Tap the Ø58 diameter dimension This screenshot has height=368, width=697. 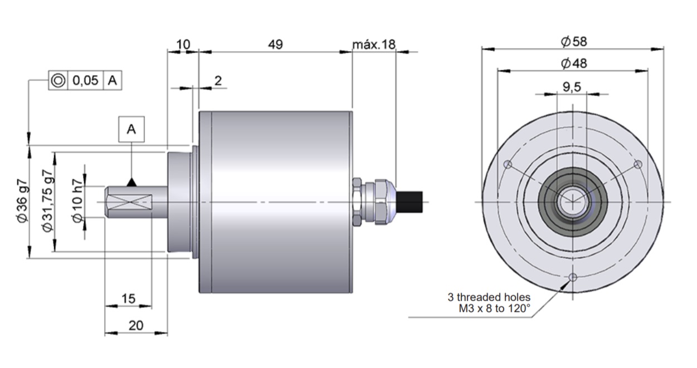pos(573,41)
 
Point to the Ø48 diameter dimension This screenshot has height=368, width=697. pos(573,63)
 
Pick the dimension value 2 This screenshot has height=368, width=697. pos(218,80)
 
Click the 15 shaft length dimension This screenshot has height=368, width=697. pos(128,299)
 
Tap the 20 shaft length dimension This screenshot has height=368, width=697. pos(136,326)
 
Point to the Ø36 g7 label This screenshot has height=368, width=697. pos(22,202)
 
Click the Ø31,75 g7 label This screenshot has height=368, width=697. pos(48,202)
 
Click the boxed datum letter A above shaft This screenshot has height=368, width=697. pos(131,129)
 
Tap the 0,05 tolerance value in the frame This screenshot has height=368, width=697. pos(85,81)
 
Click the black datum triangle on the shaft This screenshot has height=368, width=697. pos(131,182)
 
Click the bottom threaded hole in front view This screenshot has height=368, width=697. pos(572,277)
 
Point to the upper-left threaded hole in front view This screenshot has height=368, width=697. pos(507,164)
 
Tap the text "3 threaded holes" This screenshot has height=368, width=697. pos(489,297)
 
